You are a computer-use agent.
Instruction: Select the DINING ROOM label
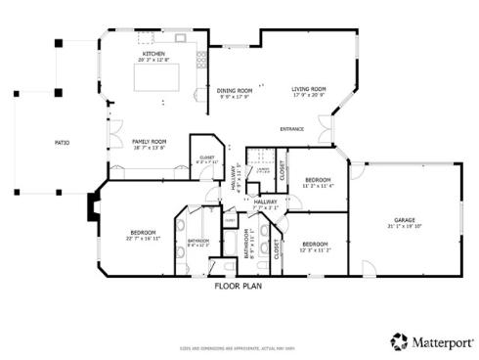(x=235, y=89)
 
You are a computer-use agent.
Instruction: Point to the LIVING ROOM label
(x=309, y=89)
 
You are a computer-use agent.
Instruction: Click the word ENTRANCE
(x=292, y=128)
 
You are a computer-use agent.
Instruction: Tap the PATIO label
(x=61, y=144)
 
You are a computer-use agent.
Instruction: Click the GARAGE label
(x=404, y=219)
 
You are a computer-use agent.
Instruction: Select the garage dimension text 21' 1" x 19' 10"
(x=404, y=226)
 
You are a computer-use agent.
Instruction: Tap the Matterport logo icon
(x=399, y=340)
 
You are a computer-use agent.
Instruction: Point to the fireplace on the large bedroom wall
(x=92, y=207)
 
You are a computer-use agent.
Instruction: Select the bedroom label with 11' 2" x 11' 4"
(x=318, y=185)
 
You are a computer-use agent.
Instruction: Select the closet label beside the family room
(x=206, y=158)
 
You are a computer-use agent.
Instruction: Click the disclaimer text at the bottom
(x=239, y=348)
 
